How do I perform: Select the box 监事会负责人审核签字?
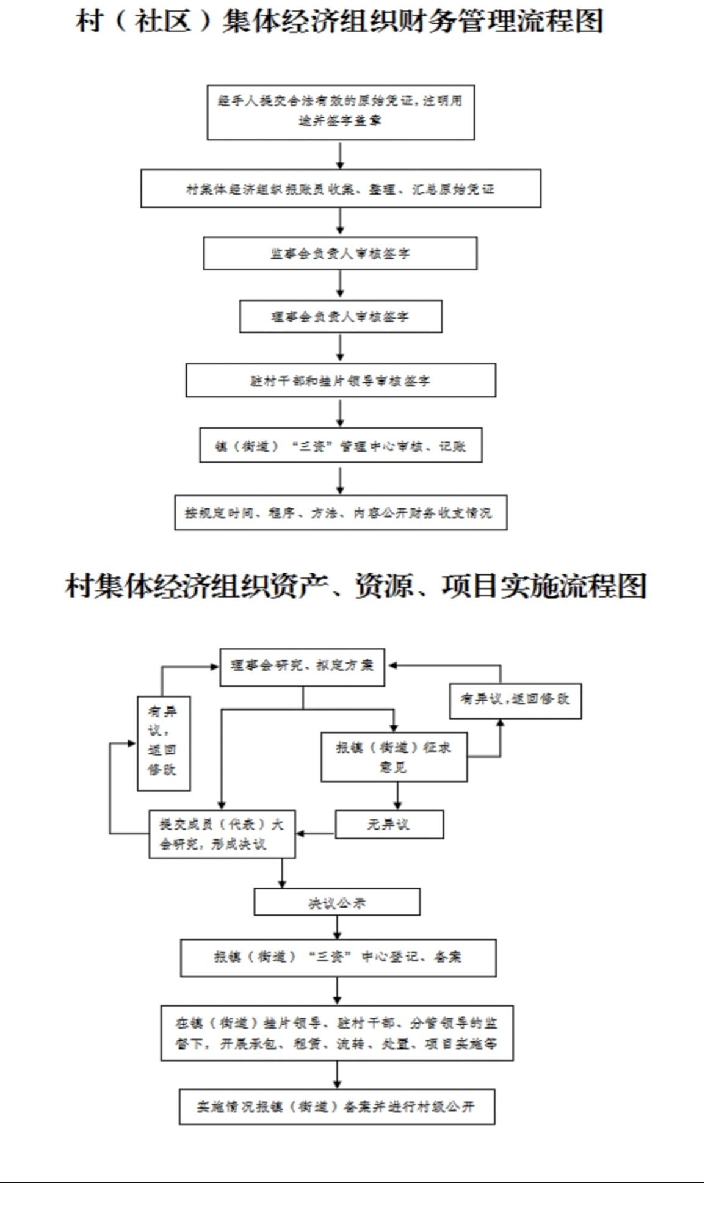click(340, 253)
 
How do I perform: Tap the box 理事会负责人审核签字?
click(340, 316)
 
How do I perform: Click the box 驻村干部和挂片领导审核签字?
click(340, 380)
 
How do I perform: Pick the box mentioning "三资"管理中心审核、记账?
click(340, 446)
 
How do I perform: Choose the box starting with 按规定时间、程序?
click(340, 512)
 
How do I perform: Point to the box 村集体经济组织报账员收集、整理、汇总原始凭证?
click(340, 189)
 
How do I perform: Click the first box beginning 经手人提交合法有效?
click(340, 112)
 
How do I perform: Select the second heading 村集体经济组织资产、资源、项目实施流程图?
click(355, 586)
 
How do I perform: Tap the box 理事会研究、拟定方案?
click(302, 667)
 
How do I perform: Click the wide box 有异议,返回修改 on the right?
click(515, 700)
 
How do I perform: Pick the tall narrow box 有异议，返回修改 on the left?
click(163, 743)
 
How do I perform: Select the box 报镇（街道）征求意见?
click(394, 756)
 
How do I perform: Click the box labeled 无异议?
click(389, 824)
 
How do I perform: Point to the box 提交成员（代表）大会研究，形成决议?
click(222, 834)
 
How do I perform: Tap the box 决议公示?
click(336, 902)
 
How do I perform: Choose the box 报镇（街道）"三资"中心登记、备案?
click(338, 957)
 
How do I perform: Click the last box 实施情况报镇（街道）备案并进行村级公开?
click(336, 1106)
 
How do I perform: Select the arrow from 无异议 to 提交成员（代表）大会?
click(315, 833)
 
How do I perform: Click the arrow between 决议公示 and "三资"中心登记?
click(337, 927)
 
